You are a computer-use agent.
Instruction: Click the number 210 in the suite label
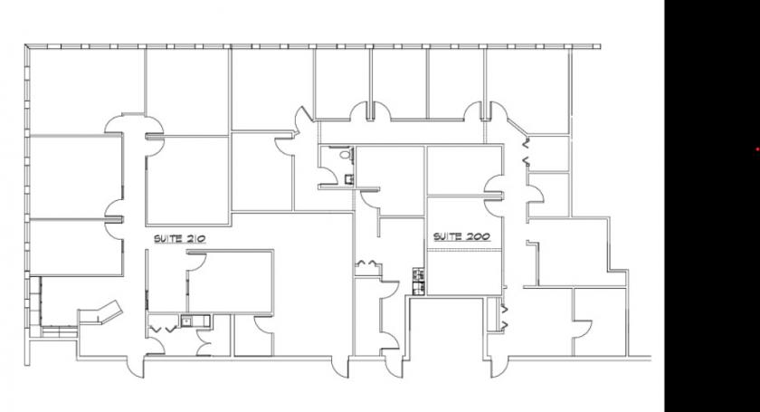[x=195, y=239]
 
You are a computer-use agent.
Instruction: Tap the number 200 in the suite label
[x=478, y=237]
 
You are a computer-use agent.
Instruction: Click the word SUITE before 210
[x=167, y=239]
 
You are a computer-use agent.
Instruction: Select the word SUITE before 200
[x=447, y=237]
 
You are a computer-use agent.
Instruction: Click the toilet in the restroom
[x=346, y=154]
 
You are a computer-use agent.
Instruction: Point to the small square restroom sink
[x=349, y=179]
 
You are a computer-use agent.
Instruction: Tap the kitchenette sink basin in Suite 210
[x=186, y=321]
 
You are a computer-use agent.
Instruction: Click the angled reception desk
[x=100, y=313]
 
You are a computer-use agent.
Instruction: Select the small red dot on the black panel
[x=757, y=149]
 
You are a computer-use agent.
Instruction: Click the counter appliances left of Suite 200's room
[x=419, y=282]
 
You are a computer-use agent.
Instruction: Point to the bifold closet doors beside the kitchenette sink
[x=163, y=330]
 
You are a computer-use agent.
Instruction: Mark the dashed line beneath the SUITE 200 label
[x=464, y=251]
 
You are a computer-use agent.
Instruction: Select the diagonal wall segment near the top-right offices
[x=518, y=127]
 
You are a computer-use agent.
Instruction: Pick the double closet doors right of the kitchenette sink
[x=204, y=343]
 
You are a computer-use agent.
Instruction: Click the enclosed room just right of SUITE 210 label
[x=230, y=282]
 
